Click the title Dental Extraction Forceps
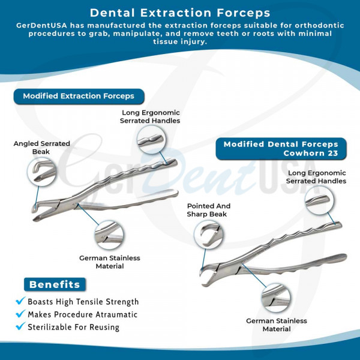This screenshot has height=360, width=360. point(180,13)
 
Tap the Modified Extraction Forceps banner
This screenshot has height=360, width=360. point(79,96)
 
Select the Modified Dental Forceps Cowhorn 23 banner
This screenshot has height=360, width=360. point(281,149)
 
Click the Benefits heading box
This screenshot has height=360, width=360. point(55,284)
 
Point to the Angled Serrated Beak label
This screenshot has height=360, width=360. point(41,148)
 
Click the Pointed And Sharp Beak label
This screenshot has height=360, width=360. point(208,210)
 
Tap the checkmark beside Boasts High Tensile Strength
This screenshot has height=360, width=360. point(20,301)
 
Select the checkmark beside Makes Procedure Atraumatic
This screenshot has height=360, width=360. point(20,313)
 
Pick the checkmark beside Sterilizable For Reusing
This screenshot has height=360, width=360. point(20,326)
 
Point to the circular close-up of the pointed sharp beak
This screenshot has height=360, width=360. point(208,235)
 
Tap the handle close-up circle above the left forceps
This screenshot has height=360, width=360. point(152,140)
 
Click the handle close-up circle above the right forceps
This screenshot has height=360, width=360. point(319,200)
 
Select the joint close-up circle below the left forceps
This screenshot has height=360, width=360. point(109,235)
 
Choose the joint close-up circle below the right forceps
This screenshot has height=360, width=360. point(276,298)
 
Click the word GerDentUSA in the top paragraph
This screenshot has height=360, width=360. point(41,25)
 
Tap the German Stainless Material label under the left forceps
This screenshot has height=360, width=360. point(110,262)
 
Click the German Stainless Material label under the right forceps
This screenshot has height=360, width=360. point(277,325)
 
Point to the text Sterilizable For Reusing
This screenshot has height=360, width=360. point(73,327)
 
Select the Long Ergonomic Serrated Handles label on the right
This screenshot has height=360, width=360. point(316,177)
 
